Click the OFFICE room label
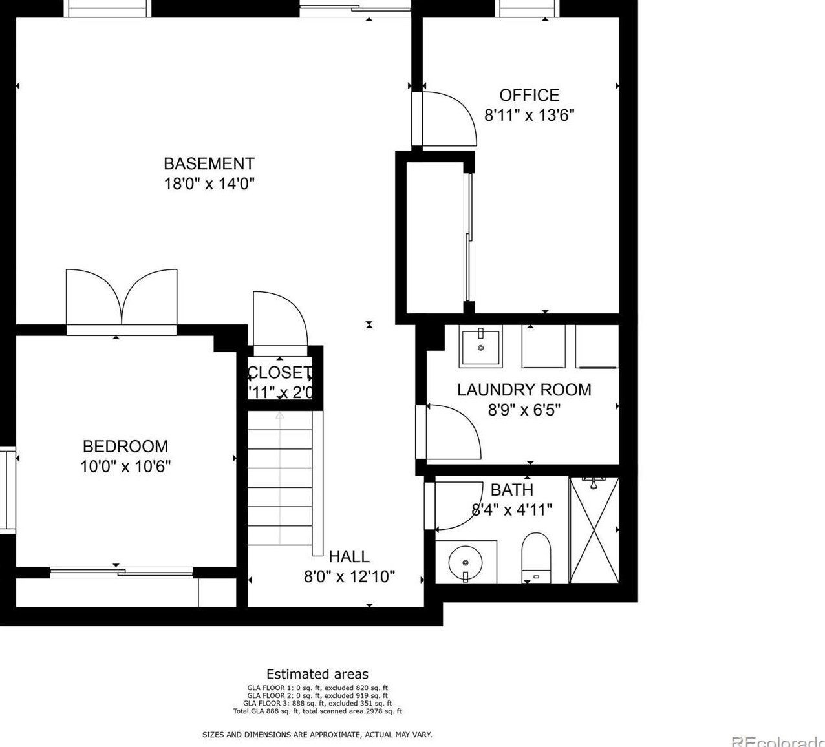(529, 95)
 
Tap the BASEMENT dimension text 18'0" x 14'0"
(209, 184)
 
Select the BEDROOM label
(125, 446)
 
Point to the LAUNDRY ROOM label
(524, 390)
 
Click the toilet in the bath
(535, 557)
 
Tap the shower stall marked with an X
(594, 529)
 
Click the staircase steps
(280, 478)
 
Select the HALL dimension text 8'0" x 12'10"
(349, 576)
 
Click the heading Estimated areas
(317, 674)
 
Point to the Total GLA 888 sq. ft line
(317, 711)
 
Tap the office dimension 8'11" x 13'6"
(530, 115)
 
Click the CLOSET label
(279, 372)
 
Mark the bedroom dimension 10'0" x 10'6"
(125, 466)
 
